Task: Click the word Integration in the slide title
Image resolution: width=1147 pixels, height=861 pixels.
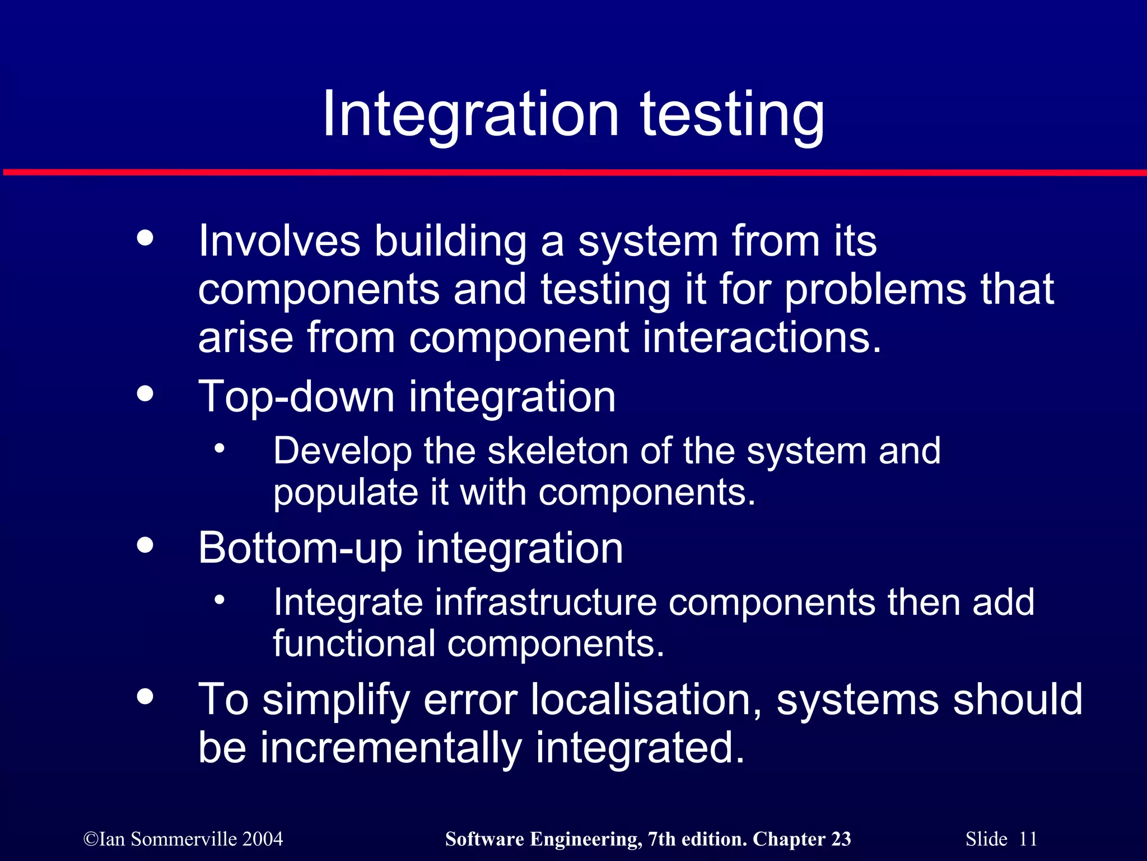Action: (470, 114)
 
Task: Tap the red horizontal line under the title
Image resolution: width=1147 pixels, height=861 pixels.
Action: (573, 172)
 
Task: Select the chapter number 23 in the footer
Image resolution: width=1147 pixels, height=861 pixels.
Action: (841, 839)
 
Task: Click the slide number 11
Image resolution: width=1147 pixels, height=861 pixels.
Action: (1028, 839)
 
